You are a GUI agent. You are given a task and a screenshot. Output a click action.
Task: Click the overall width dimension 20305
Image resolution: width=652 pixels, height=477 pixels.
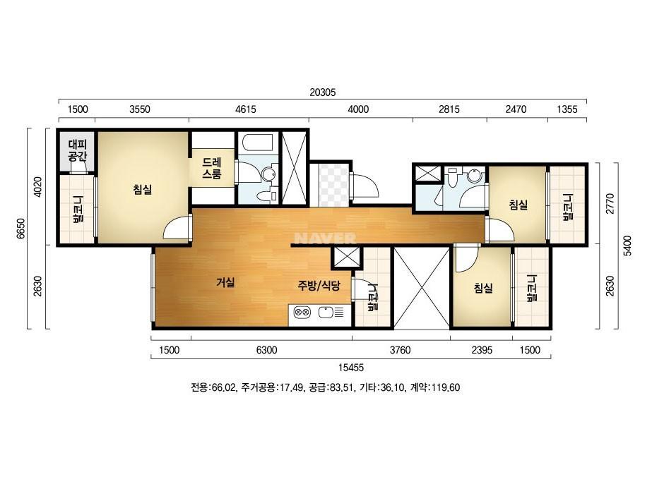pos(322,92)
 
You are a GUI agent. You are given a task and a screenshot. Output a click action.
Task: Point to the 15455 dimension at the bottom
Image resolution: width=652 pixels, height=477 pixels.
pos(351,367)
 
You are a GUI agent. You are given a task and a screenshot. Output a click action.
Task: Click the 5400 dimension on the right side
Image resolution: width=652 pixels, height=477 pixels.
pos(629,246)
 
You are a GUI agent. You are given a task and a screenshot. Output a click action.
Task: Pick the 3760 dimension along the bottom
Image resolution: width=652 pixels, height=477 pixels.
pos(401,350)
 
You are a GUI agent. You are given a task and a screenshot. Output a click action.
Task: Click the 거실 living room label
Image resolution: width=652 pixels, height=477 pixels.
pos(225,282)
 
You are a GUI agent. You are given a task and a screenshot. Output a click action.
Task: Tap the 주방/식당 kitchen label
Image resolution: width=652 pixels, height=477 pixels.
pos(319,286)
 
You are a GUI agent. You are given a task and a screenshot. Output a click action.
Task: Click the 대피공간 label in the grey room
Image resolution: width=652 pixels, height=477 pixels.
pos(77,151)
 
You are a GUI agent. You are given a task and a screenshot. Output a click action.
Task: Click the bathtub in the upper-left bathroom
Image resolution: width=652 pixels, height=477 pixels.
pos(257,145)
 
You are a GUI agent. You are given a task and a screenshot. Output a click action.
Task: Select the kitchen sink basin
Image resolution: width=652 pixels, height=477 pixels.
pos(326,312)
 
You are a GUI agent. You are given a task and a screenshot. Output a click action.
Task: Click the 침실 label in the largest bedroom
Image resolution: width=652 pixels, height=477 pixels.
pos(142,189)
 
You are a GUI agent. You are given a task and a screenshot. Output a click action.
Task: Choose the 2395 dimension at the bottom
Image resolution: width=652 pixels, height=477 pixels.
pos(482,350)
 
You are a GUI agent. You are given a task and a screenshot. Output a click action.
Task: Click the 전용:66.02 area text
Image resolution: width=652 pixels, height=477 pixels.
pos(213,387)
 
